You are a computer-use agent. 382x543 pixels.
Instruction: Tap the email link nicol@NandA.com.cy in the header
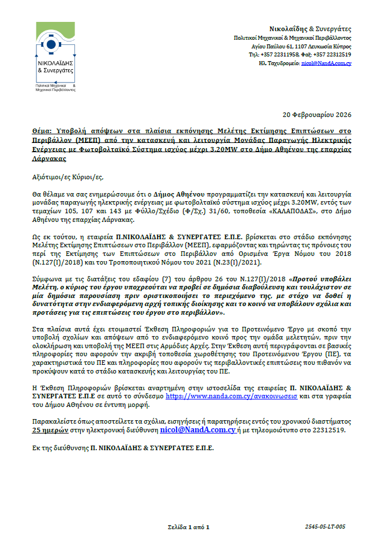click(x=327, y=62)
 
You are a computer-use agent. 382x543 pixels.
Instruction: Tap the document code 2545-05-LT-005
click(x=325, y=527)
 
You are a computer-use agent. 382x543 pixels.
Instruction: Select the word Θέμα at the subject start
click(x=42, y=131)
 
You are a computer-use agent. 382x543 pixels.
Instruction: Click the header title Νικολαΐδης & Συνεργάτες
click(x=310, y=29)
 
